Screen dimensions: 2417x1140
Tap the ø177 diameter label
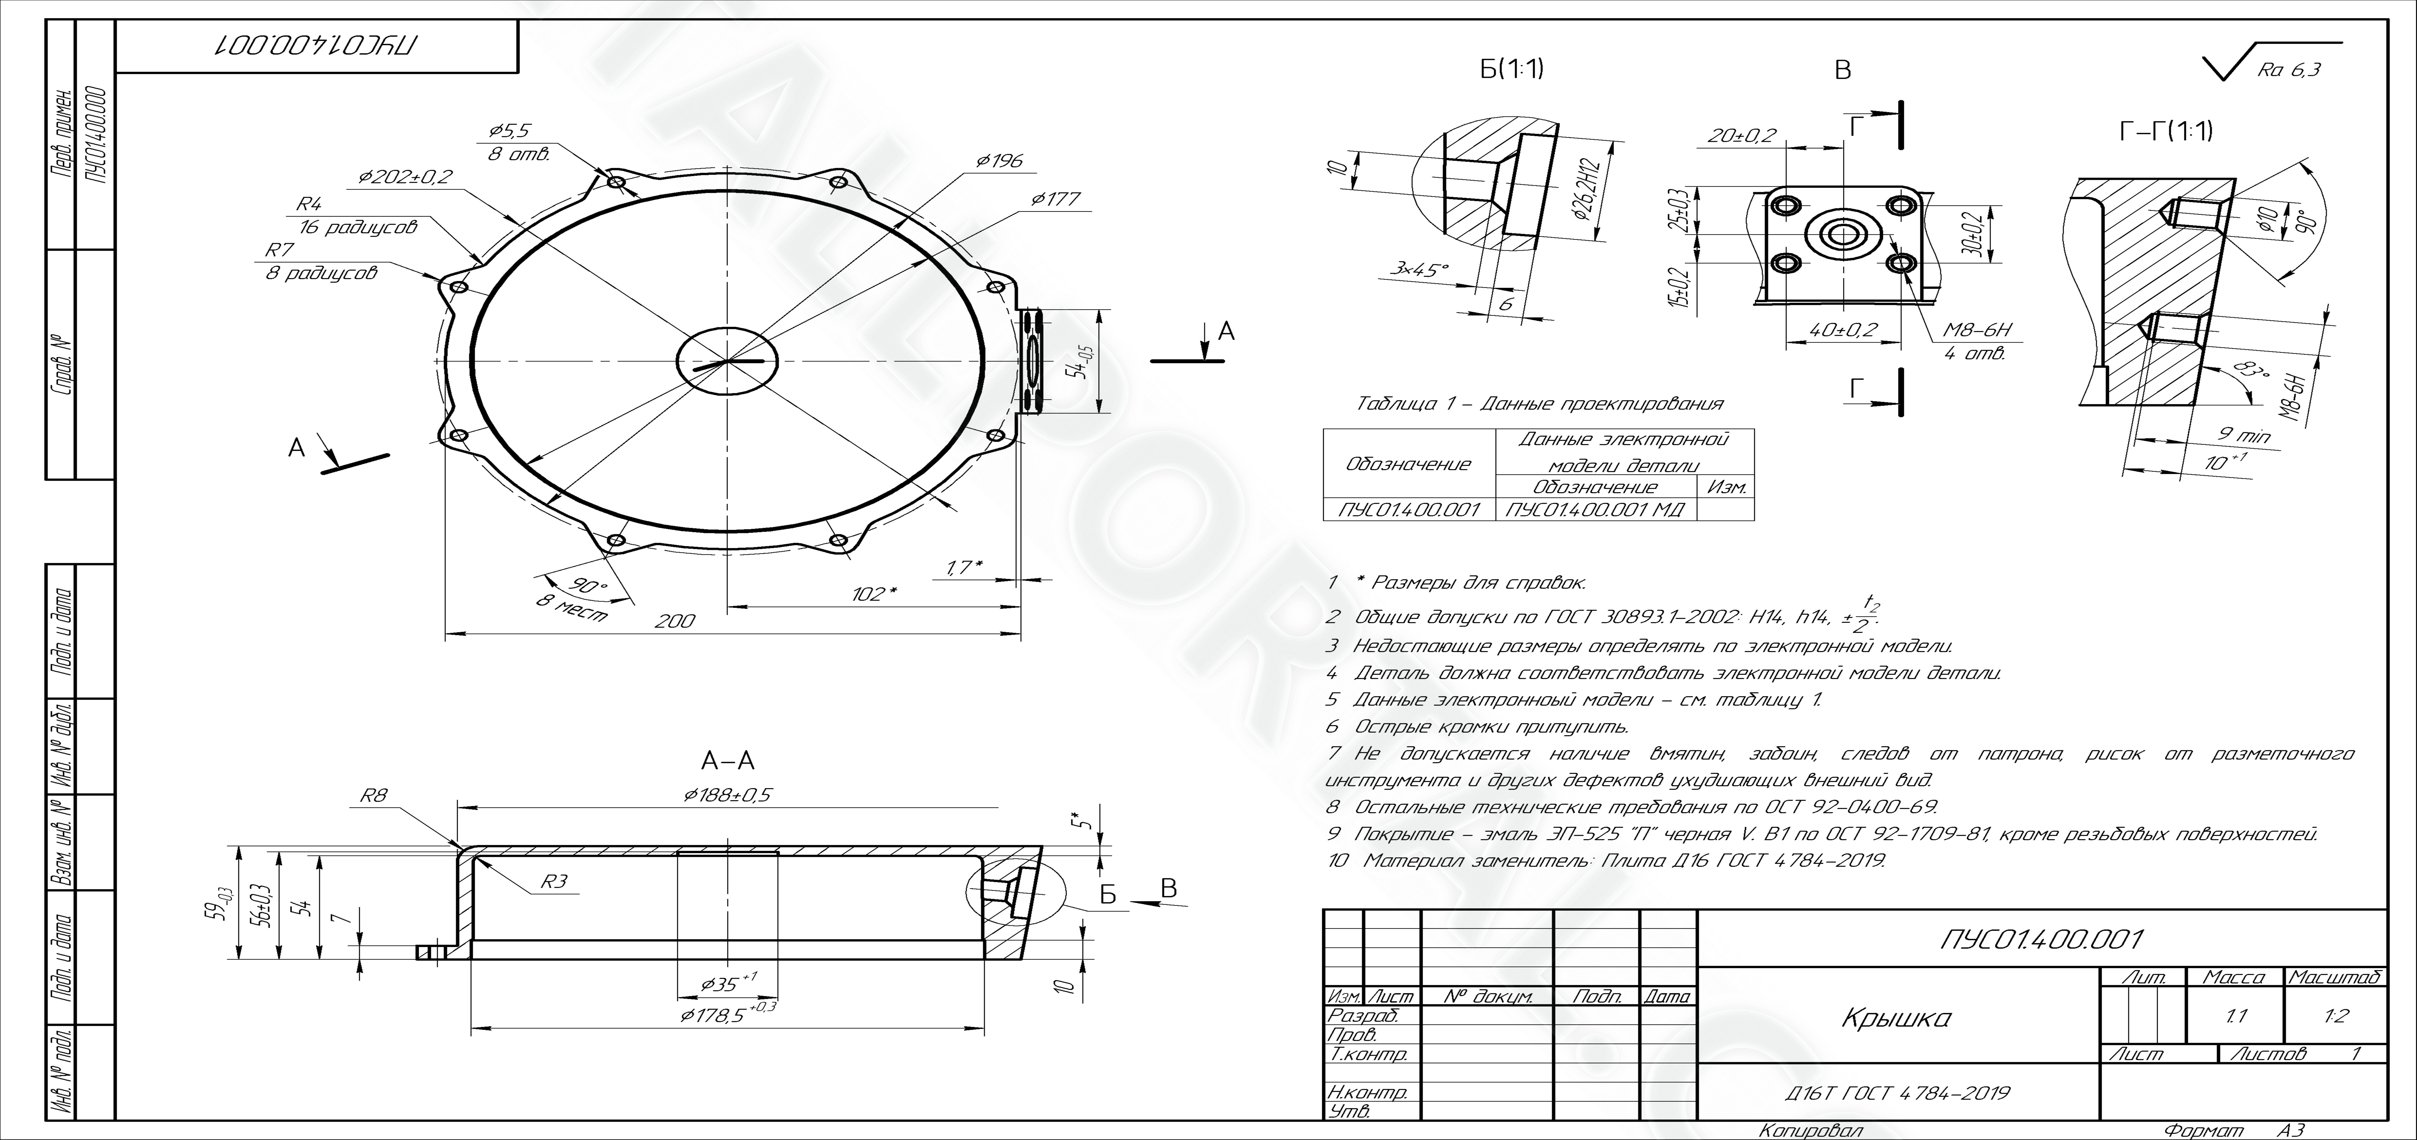(x=1056, y=199)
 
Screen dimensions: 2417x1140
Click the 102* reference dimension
(x=875, y=595)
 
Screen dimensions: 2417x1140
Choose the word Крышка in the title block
(x=1897, y=1017)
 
